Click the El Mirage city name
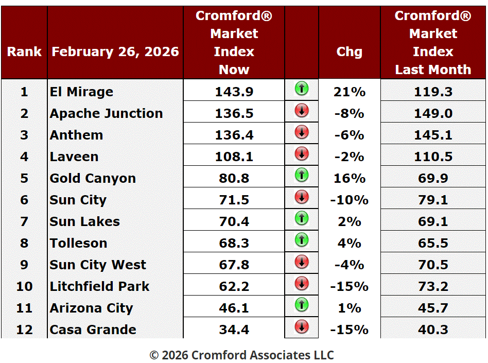click(81, 92)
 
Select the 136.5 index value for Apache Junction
click(234, 113)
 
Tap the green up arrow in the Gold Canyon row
click(302, 175)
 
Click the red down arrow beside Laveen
click(302, 153)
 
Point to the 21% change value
click(350, 92)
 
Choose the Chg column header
click(350, 51)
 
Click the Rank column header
click(24, 51)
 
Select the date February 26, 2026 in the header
click(115, 51)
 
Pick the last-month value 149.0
click(433, 113)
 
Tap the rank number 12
click(24, 330)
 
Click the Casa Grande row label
click(93, 330)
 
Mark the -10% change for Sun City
click(350, 200)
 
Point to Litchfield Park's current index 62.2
click(234, 286)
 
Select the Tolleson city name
click(79, 243)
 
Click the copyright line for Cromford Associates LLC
click(241, 355)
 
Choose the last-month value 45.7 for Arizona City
click(433, 308)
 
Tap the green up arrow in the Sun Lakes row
click(302, 218)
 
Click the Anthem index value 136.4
click(234, 135)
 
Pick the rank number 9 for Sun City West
click(24, 265)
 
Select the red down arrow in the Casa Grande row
click(302, 326)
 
